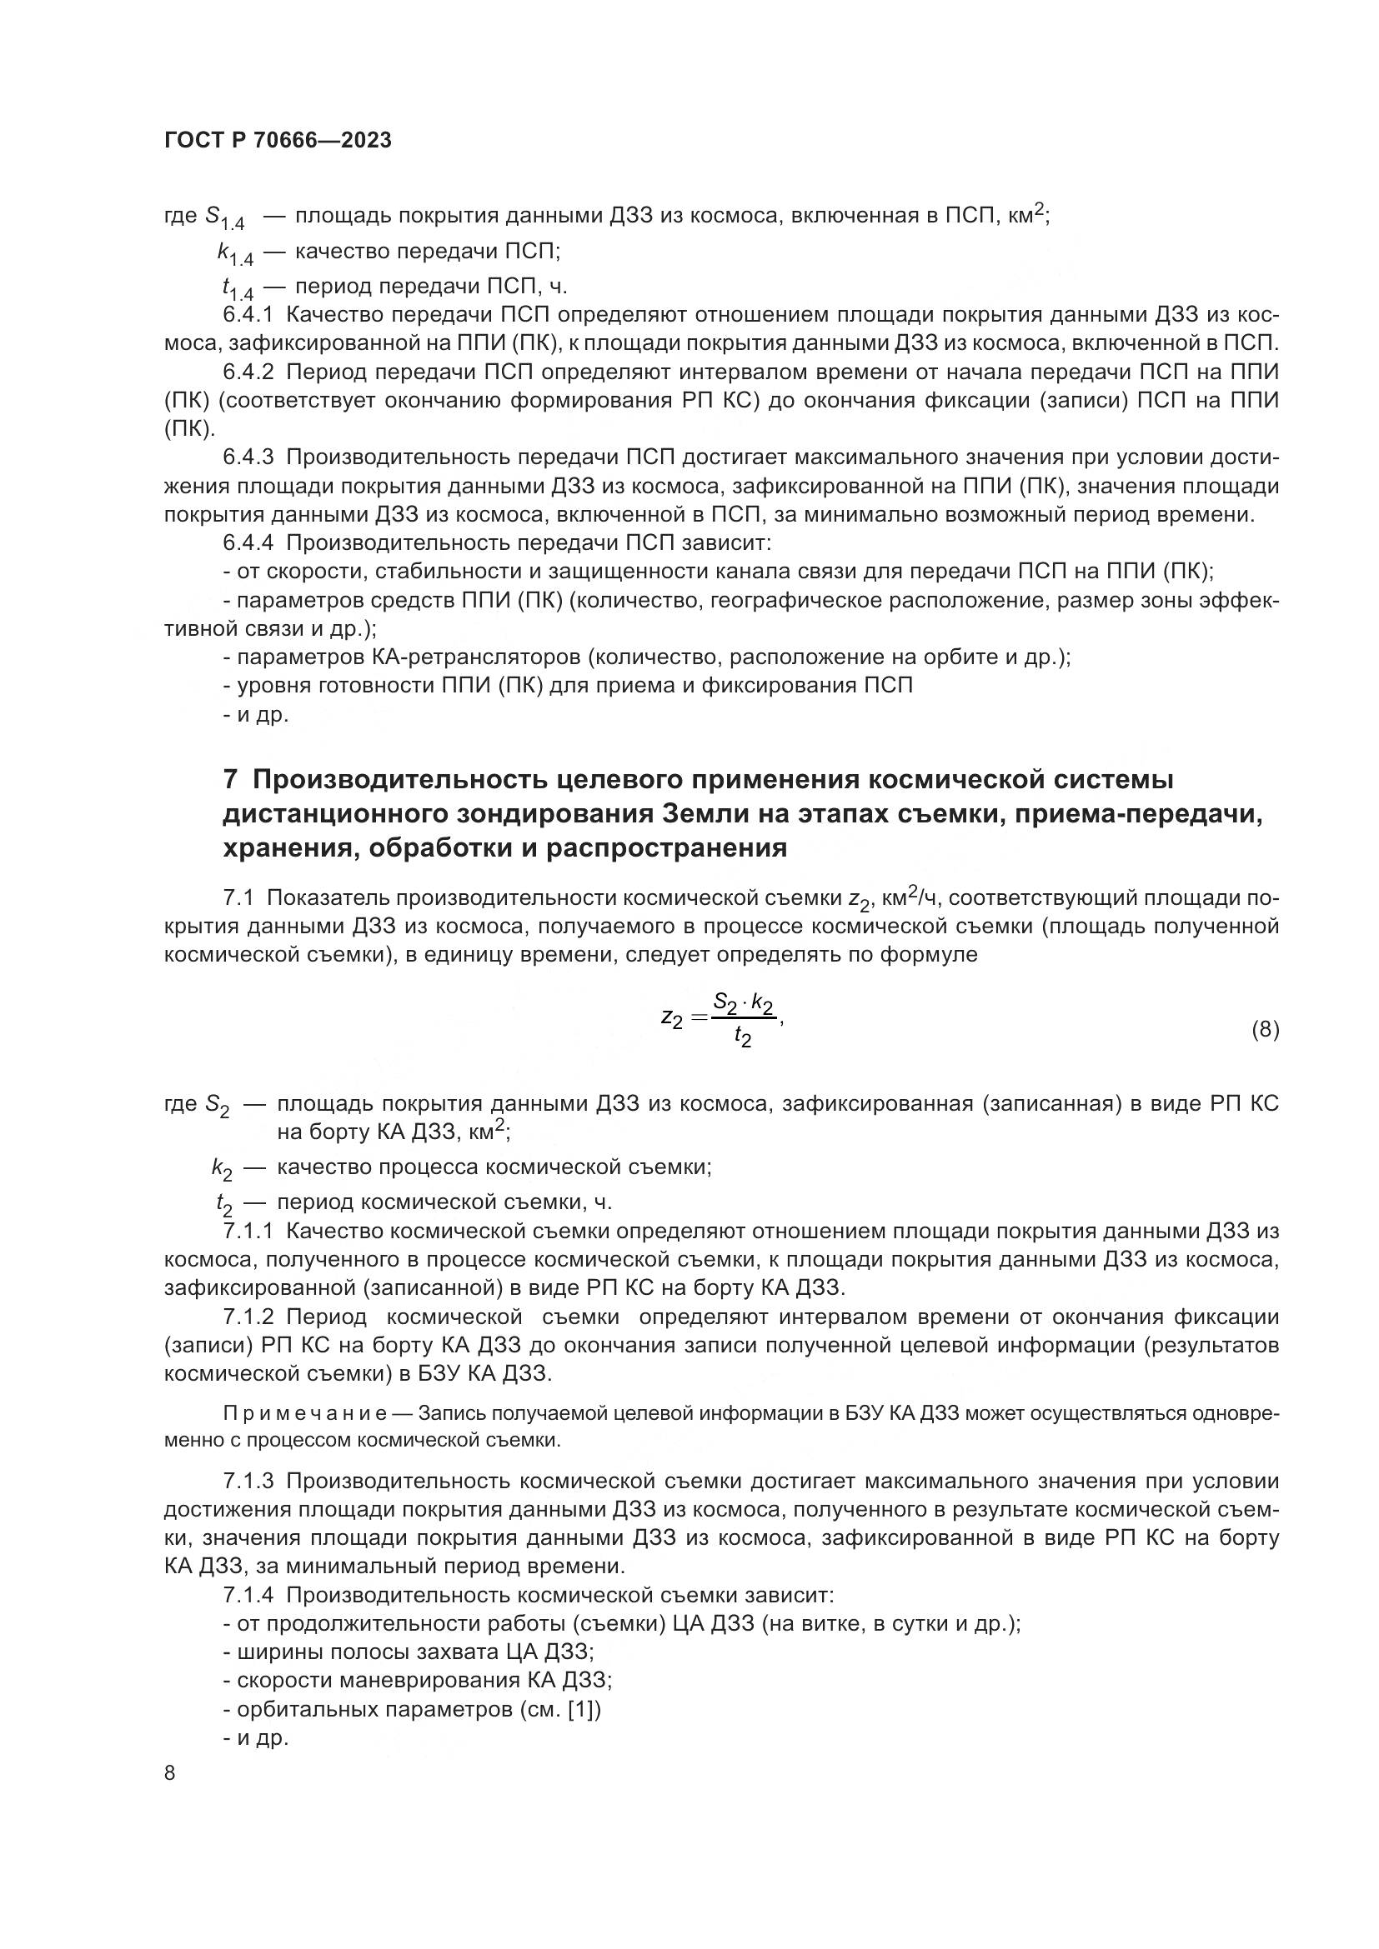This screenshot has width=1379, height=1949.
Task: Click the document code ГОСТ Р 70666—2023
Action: (x=278, y=141)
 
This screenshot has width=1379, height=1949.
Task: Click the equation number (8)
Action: (x=1265, y=1031)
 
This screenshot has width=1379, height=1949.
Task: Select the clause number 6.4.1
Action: (x=248, y=315)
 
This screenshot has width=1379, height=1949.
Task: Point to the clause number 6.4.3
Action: (x=248, y=457)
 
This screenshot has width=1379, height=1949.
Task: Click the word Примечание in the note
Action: (x=305, y=1413)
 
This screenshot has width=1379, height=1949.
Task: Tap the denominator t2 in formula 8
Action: (x=743, y=1038)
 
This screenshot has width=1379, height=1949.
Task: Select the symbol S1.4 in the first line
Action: (x=225, y=217)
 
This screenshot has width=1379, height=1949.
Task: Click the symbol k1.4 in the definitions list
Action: (x=235, y=253)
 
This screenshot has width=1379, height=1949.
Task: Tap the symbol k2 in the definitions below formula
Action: (x=222, y=1169)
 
